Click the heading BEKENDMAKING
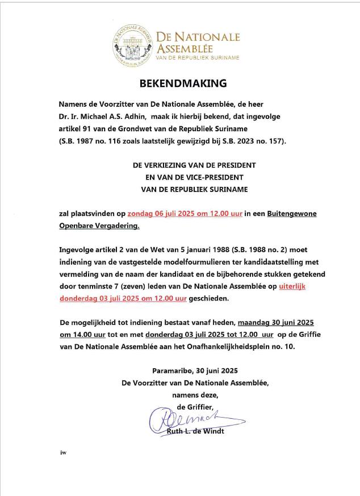[183, 84]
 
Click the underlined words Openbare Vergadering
[99, 226]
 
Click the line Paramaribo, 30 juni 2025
[195, 370]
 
